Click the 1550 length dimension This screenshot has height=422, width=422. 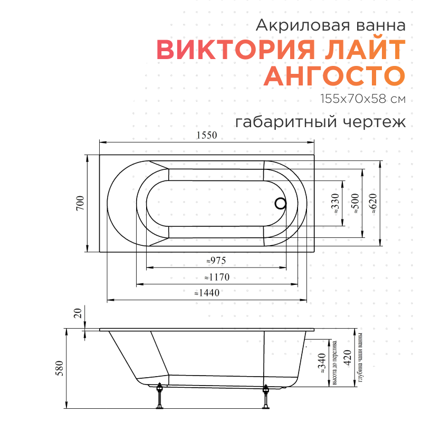(207, 135)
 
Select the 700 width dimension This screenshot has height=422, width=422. (80, 203)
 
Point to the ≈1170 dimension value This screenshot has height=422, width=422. (216, 277)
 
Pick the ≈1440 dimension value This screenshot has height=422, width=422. (206, 293)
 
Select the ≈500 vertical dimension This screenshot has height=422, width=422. (355, 203)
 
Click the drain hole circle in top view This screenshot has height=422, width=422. (281, 203)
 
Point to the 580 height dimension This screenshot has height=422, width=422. (60, 367)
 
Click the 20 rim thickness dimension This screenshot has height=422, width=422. (78, 314)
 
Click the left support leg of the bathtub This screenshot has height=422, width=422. (160, 396)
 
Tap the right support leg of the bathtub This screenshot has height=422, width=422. (266, 396)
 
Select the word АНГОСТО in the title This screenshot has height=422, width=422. (334, 76)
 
